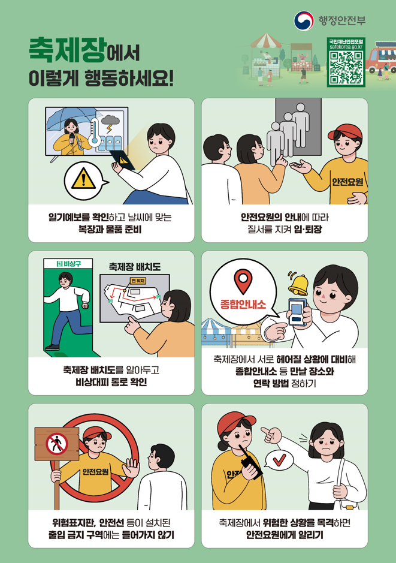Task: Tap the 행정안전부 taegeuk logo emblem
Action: pyautogui.click(x=304, y=20)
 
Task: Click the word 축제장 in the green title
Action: pyautogui.click(x=68, y=50)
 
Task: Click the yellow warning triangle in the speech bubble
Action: pyautogui.click(x=83, y=179)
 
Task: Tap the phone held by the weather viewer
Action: pyautogui.click(x=122, y=160)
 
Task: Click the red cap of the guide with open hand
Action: pyautogui.click(x=345, y=132)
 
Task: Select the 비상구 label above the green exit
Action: pyautogui.click(x=68, y=264)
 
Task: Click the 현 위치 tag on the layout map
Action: pyautogui.click(x=138, y=281)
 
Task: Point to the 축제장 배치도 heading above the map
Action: pyautogui.click(x=135, y=267)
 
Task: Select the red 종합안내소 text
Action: pyautogui.click(x=243, y=304)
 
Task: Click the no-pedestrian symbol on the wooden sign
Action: pyautogui.click(x=57, y=444)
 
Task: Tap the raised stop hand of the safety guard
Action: pyautogui.click(x=131, y=468)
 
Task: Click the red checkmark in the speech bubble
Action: pyautogui.click(x=280, y=459)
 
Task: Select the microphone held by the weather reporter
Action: pyautogui.click(x=72, y=139)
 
